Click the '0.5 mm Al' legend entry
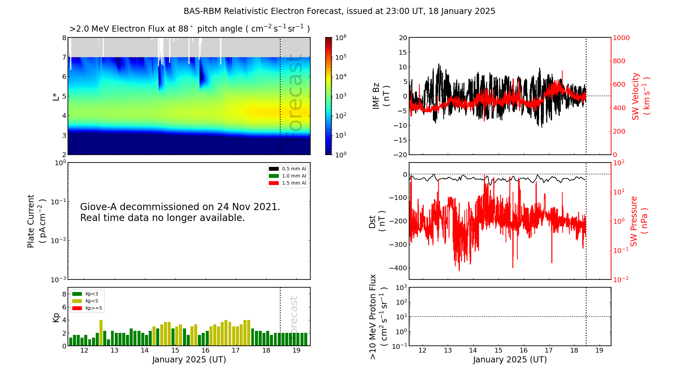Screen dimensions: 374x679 coord(294,169)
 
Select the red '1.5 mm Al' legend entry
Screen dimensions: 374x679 coord(294,183)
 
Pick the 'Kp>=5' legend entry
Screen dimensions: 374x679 coord(93,308)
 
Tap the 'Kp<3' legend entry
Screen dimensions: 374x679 coord(91,294)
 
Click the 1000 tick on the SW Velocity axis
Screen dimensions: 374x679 coord(621,38)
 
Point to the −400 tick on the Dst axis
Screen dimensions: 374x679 coord(398,268)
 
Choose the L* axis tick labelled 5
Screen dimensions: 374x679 coord(64,96)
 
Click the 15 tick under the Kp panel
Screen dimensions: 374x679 coord(175,351)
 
